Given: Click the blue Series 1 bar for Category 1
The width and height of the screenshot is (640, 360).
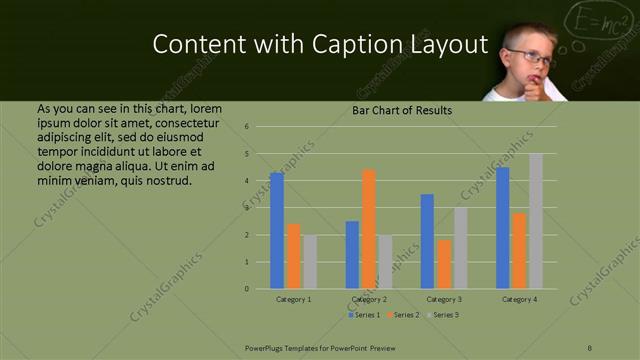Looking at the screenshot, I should tap(277, 231).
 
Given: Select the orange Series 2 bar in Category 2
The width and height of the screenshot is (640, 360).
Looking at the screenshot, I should tap(369, 229).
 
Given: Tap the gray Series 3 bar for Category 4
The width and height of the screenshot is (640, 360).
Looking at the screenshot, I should tap(536, 221).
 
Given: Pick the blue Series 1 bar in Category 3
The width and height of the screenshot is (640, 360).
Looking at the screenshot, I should tap(427, 241).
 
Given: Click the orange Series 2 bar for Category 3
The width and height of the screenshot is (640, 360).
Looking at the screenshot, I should tap(444, 264).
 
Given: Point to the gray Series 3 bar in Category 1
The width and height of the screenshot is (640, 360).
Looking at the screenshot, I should tap(310, 262).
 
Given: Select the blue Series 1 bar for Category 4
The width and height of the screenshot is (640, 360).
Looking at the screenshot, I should tap(503, 228).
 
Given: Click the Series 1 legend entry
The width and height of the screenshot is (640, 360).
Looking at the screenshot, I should tap(365, 315).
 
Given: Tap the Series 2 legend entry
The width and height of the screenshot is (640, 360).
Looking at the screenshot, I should tap(403, 315).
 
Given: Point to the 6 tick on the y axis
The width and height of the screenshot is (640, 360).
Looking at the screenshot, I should tap(261, 127).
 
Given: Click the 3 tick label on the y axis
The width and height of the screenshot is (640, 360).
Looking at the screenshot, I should tap(261, 208).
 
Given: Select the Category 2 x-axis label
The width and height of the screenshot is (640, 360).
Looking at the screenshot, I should tap(369, 299).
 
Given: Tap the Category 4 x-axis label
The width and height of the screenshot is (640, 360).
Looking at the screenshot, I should tap(520, 299).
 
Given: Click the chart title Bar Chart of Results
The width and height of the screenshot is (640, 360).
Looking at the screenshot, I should tap(402, 110).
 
